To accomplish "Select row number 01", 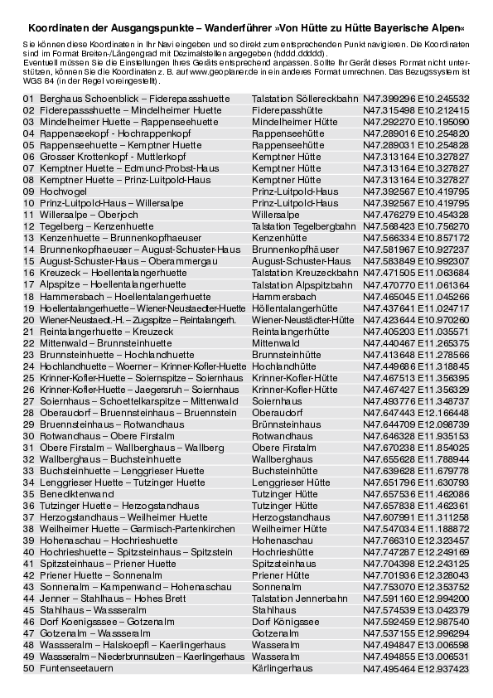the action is pos(28,98).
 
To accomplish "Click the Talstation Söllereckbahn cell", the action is pos(304,98).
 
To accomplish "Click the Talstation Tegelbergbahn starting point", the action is pos(303,225).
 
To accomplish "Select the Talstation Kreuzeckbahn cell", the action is pos(305,272).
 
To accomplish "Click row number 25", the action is pos(28,376).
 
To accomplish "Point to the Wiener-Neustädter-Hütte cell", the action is pos(302,318).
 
